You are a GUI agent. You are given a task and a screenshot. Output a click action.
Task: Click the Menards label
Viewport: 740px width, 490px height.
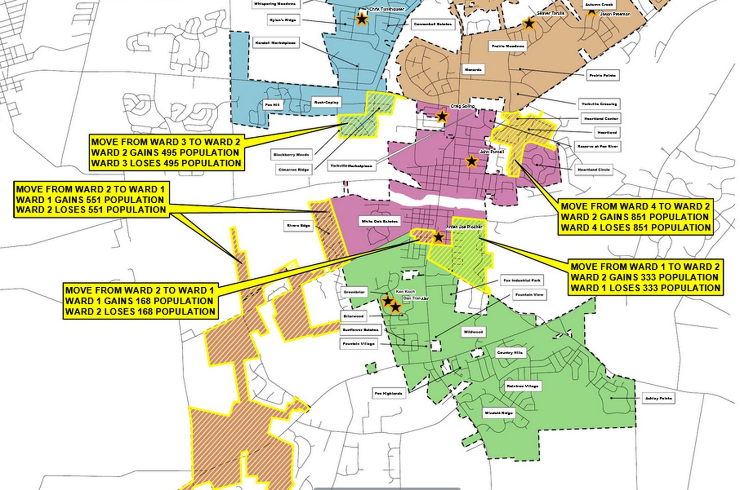pyautogui.click(x=473, y=70)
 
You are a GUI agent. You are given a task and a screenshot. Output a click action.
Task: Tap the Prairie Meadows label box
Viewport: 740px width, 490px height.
pyautogui.click(x=507, y=46)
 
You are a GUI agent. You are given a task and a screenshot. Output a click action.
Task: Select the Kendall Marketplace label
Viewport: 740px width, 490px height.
pyautogui.click(x=276, y=43)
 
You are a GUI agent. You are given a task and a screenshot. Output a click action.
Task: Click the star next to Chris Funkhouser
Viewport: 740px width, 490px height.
pyautogui.click(x=361, y=19)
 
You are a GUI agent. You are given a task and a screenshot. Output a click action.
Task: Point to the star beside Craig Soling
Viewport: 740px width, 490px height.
pyautogui.click(x=442, y=116)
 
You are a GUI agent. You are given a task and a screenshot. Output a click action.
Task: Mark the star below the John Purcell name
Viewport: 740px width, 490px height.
pyautogui.click(x=471, y=161)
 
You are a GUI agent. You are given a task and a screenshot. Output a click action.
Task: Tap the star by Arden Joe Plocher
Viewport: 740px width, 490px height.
pyautogui.click(x=438, y=237)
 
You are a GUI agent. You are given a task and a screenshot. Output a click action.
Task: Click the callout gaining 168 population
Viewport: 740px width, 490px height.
pyautogui.click(x=140, y=301)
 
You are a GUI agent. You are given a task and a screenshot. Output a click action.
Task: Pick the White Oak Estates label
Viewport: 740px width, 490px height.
pyautogui.click(x=379, y=222)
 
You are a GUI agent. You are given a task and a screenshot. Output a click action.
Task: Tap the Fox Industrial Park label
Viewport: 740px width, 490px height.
pyautogui.click(x=522, y=280)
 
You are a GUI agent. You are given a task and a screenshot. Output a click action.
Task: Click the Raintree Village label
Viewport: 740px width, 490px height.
pyautogui.click(x=522, y=386)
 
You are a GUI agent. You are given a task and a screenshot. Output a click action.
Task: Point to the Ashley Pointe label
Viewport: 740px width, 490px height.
pyautogui.click(x=659, y=398)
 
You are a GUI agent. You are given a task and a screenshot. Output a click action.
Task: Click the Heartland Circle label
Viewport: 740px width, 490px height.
pyautogui.click(x=594, y=169)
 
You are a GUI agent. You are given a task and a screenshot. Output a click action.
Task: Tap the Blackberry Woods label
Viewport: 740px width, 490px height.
pyautogui.click(x=291, y=154)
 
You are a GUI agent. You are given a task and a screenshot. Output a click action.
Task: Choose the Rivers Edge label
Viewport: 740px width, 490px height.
pyautogui.click(x=299, y=226)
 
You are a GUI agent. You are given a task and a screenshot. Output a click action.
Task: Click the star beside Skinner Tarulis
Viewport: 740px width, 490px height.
pyautogui.click(x=529, y=23)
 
